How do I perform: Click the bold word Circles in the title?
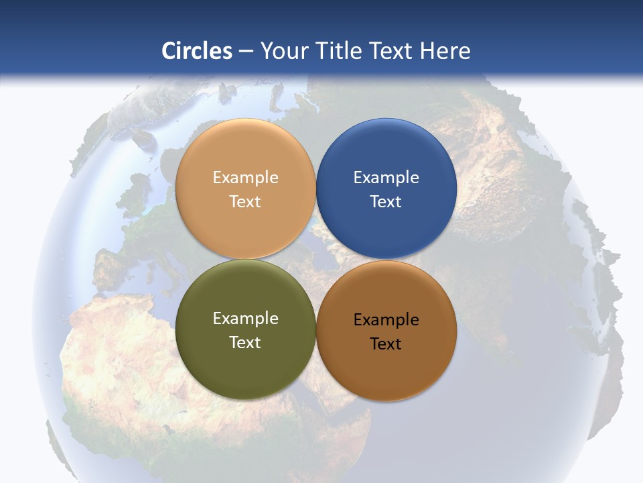tap(196, 51)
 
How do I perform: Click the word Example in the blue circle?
tap(386, 178)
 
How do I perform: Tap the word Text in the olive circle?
tap(245, 342)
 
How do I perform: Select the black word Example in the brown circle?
tap(386, 320)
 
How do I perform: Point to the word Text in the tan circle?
tap(245, 201)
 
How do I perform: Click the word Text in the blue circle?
tap(386, 201)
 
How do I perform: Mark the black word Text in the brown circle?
tap(386, 344)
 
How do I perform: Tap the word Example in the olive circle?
tap(245, 319)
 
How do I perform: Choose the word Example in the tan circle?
tap(245, 178)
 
